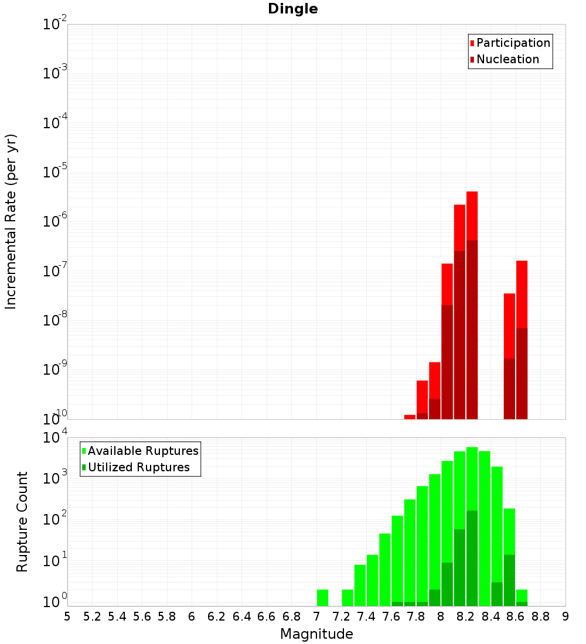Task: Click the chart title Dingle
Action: tap(292, 9)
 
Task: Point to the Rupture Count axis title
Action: tap(22, 522)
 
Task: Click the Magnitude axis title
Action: tap(316, 634)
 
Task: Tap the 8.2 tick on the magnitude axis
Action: tap(466, 616)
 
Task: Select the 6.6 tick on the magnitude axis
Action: tap(267, 616)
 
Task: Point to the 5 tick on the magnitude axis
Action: tap(67, 616)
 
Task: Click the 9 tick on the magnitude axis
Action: tap(565, 616)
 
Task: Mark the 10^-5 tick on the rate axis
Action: tap(54, 172)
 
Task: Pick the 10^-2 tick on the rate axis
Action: tap(54, 25)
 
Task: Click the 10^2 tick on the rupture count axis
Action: tap(54, 519)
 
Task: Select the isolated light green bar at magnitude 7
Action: tap(322, 598)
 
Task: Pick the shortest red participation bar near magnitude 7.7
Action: tap(410, 417)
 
